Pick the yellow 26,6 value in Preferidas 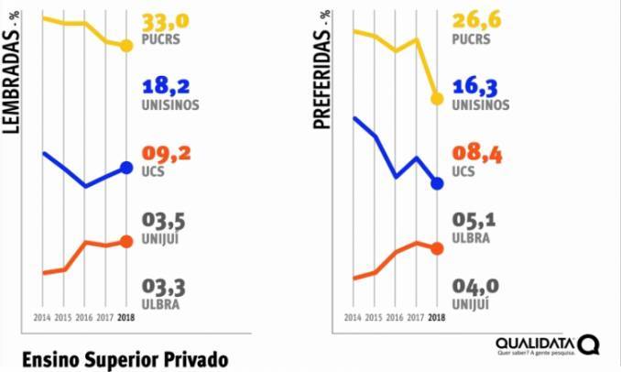[478, 21]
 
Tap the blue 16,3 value [478, 86]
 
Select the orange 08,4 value [478, 154]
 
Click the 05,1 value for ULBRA [478, 222]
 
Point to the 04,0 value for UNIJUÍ [478, 288]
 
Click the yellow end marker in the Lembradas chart [126, 46]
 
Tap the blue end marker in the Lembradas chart [126, 167]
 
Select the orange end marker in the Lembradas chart [126, 242]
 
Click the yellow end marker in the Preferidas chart [437, 99]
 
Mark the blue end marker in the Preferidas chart [437, 183]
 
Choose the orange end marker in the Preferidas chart [437, 248]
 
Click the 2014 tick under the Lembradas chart [41, 318]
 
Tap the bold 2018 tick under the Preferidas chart [437, 318]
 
